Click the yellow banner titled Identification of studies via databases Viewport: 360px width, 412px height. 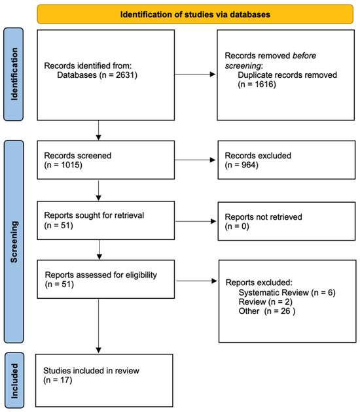tap(195, 14)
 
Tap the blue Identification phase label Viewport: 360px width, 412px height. tap(13, 75)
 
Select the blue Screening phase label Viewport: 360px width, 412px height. tap(14, 241)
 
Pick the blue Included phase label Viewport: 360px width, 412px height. tap(14, 380)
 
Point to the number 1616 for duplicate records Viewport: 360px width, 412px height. tap(264, 84)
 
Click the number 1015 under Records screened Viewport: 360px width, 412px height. tap(71, 165)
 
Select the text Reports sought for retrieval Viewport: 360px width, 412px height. tap(94, 215)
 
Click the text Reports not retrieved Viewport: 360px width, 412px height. tap(263, 217)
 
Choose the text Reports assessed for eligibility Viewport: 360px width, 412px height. tap(101, 275)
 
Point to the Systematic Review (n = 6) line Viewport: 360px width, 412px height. tap(287, 292)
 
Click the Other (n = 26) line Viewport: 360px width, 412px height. tap(267, 311)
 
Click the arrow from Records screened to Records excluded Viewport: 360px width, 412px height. tap(195, 160)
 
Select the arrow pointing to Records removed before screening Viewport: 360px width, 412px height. tap(195, 75)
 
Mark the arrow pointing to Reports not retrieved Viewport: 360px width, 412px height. tap(196, 221)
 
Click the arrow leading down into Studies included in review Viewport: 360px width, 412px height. tap(98, 326)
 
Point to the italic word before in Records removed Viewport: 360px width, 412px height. tap(304, 56)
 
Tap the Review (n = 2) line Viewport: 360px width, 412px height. tap(265, 301)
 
